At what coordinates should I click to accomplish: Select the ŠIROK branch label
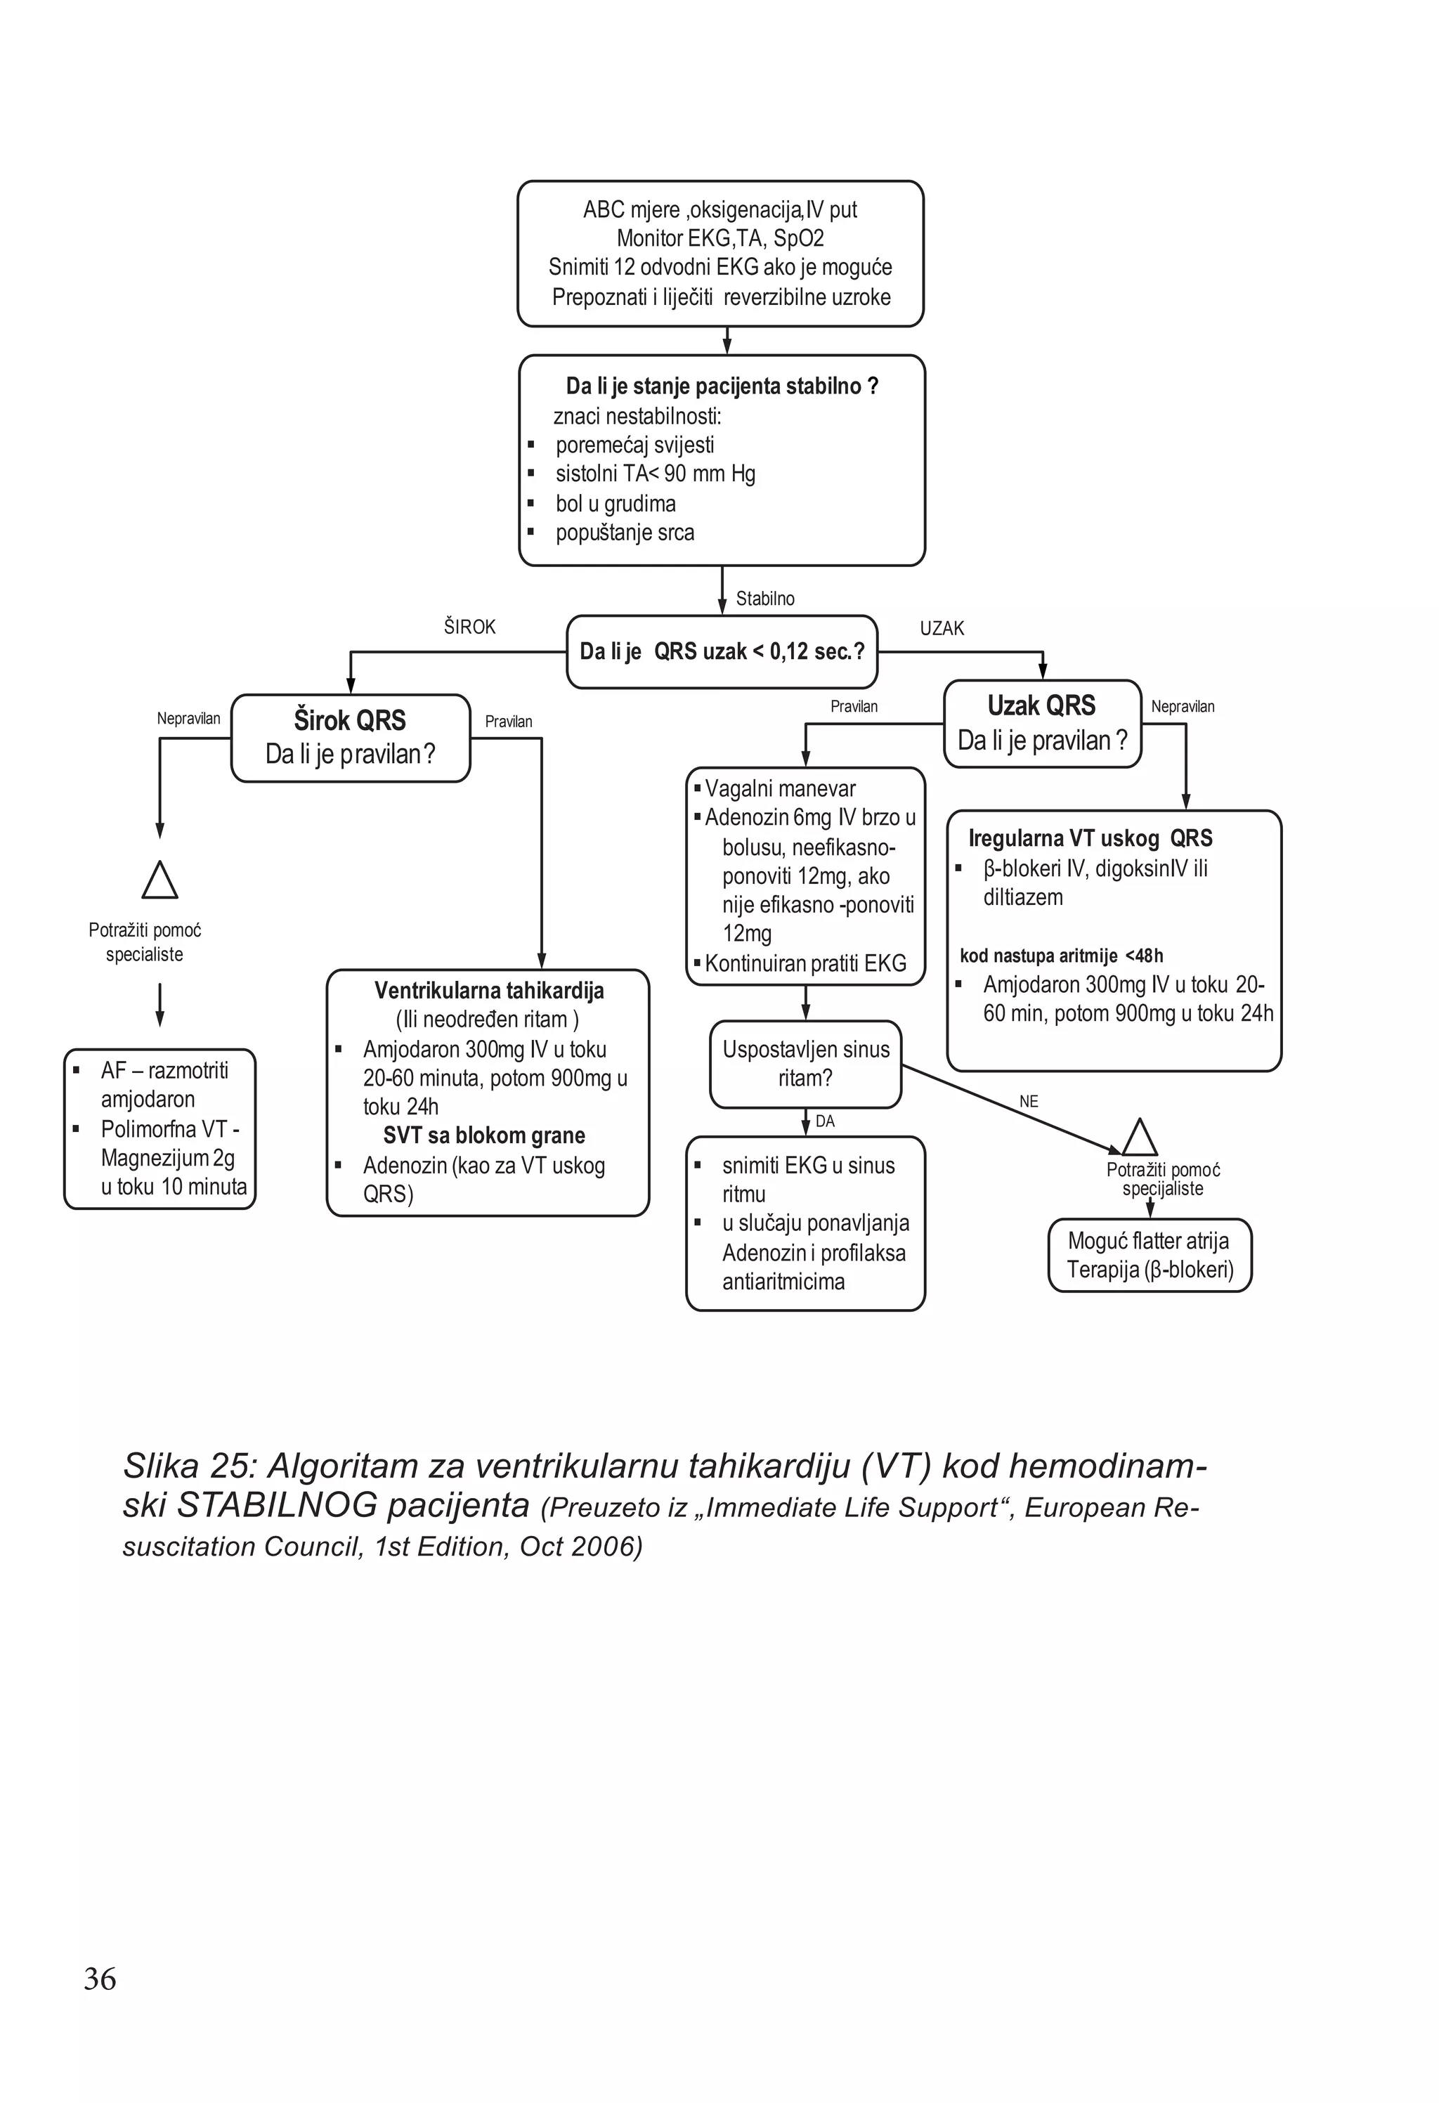[469, 626]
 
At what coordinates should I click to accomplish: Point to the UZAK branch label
[942, 628]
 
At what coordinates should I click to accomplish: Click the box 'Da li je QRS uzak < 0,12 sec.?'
[722, 651]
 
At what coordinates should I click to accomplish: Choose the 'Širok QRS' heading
[350, 720]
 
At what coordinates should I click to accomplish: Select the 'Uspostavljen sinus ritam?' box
[805, 1064]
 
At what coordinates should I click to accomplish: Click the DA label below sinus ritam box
[824, 1121]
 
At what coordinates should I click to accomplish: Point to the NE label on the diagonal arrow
[1028, 1101]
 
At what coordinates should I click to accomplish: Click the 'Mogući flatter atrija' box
[1150, 1254]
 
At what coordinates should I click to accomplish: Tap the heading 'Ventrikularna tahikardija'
[489, 991]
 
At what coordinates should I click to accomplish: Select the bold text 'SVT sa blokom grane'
[484, 1135]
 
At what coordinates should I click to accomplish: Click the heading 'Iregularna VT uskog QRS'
[1090, 838]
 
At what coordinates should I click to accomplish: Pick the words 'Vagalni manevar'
[780, 789]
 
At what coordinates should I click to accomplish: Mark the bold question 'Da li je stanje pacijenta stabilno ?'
[722, 386]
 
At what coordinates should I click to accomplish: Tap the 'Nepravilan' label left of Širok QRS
[188, 719]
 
